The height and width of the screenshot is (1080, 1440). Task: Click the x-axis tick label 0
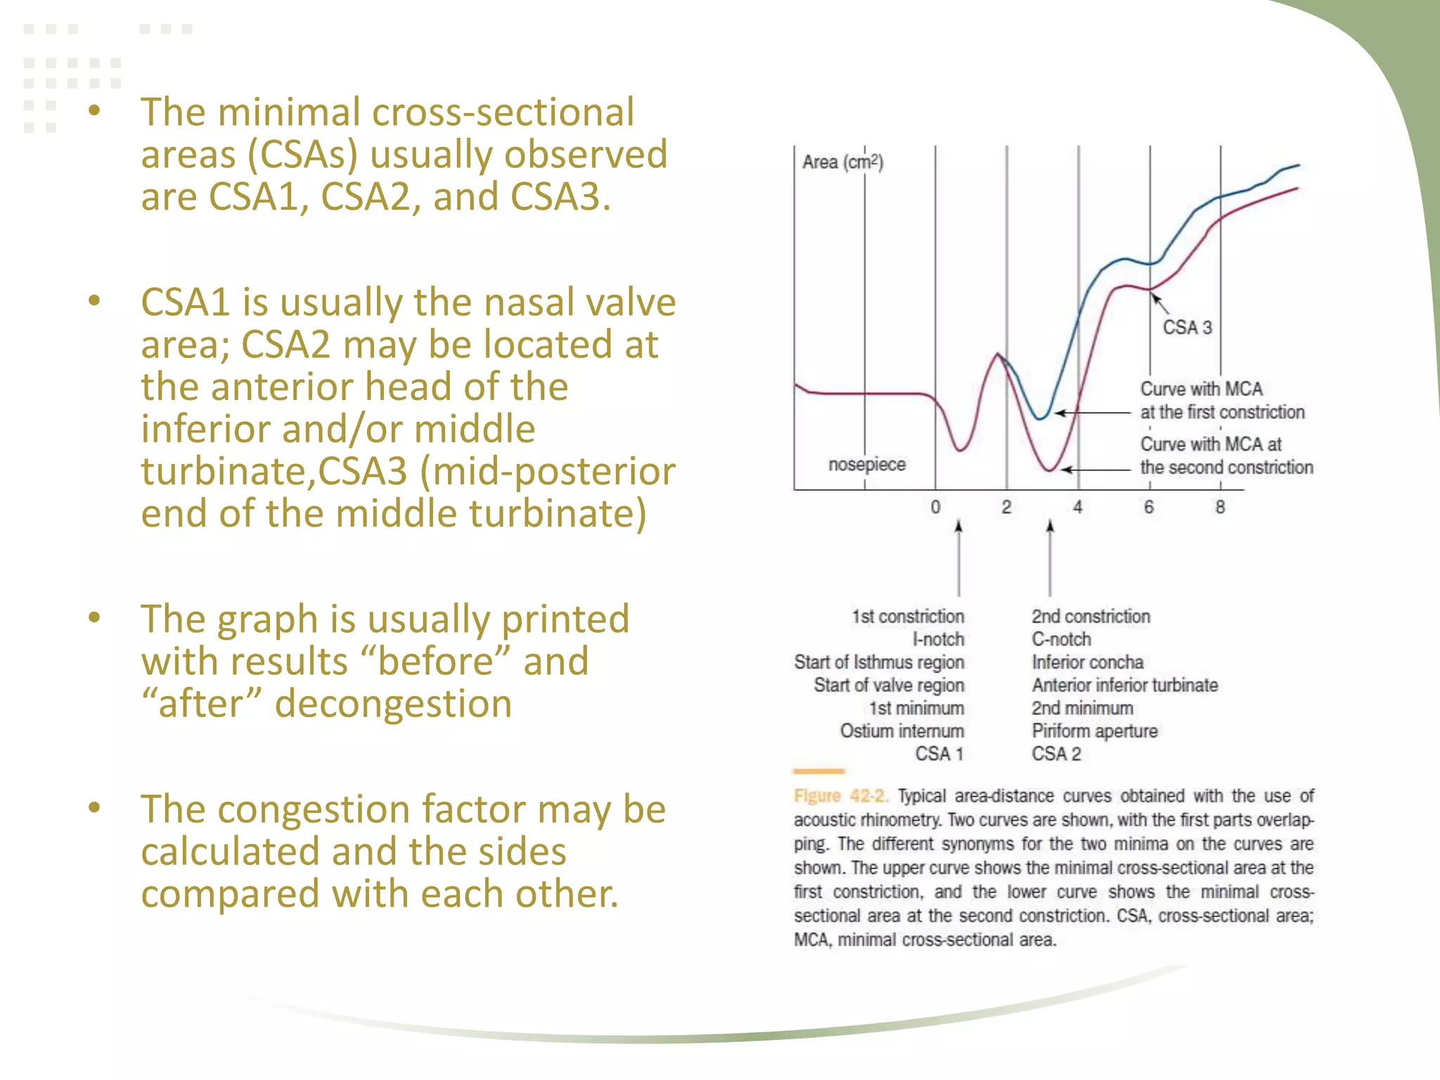pos(935,507)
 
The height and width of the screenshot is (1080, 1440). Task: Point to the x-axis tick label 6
pos(1149,507)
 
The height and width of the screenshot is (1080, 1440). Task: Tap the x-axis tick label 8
pos(1220,507)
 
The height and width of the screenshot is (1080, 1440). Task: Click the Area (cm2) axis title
pos(842,162)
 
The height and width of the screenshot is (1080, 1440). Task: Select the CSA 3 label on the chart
pos(1187,328)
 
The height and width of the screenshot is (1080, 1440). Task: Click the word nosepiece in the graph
pos(867,465)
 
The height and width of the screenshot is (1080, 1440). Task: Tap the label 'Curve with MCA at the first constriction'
pos(1222,401)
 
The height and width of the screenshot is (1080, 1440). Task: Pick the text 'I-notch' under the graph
pos(938,639)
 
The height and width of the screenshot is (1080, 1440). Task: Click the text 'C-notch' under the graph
pos(1061,639)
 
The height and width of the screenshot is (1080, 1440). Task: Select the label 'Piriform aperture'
pos(1094,731)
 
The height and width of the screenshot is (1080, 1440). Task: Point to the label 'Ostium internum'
pos(902,731)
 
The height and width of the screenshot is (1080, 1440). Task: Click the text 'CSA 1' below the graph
pos(939,754)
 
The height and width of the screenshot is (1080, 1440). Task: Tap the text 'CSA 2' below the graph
pos(1056,754)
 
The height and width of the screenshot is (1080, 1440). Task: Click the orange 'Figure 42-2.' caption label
pos(841,796)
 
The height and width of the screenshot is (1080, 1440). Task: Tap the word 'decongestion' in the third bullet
pos(393,704)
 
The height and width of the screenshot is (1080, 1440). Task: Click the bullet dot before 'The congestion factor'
pos(95,807)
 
